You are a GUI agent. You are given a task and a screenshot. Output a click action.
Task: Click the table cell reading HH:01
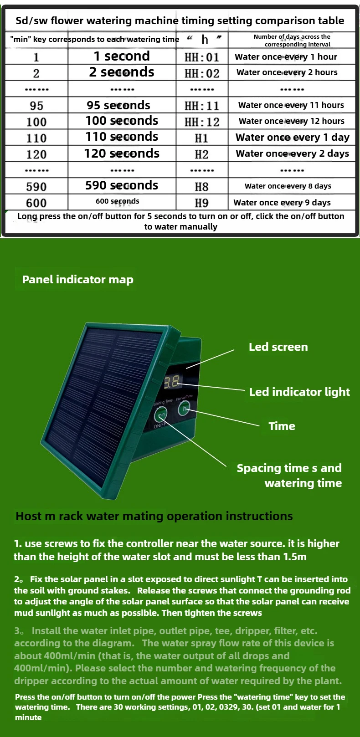(x=202, y=57)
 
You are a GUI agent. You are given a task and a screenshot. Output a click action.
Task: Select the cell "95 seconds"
(x=118, y=105)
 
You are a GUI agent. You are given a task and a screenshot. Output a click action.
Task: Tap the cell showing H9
(x=201, y=203)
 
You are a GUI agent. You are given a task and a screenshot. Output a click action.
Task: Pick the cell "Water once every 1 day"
(x=292, y=138)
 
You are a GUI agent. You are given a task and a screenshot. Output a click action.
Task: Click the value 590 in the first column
(x=36, y=186)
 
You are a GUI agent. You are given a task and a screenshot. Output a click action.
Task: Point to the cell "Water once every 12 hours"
(x=292, y=121)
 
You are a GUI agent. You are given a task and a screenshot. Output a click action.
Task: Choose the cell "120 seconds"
(x=122, y=154)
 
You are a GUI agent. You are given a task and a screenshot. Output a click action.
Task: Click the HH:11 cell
(x=202, y=106)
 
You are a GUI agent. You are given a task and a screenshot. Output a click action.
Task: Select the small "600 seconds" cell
(x=118, y=201)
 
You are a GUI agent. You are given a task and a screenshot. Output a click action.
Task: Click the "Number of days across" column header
(x=292, y=40)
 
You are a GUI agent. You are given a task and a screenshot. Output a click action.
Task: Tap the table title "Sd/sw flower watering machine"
(x=180, y=20)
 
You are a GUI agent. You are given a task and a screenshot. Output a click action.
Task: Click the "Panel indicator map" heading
(x=78, y=280)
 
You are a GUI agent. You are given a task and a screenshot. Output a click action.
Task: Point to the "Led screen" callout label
(x=278, y=347)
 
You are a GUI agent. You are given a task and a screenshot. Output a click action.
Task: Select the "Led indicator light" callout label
(x=299, y=392)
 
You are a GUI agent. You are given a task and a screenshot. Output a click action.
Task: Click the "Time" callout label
(x=282, y=426)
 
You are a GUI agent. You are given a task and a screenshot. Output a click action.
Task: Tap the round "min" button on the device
(x=161, y=415)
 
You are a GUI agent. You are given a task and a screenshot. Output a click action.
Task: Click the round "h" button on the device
(x=185, y=409)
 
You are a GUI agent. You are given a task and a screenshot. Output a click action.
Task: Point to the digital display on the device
(x=173, y=382)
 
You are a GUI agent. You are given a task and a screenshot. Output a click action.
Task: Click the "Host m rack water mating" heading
(x=154, y=516)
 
